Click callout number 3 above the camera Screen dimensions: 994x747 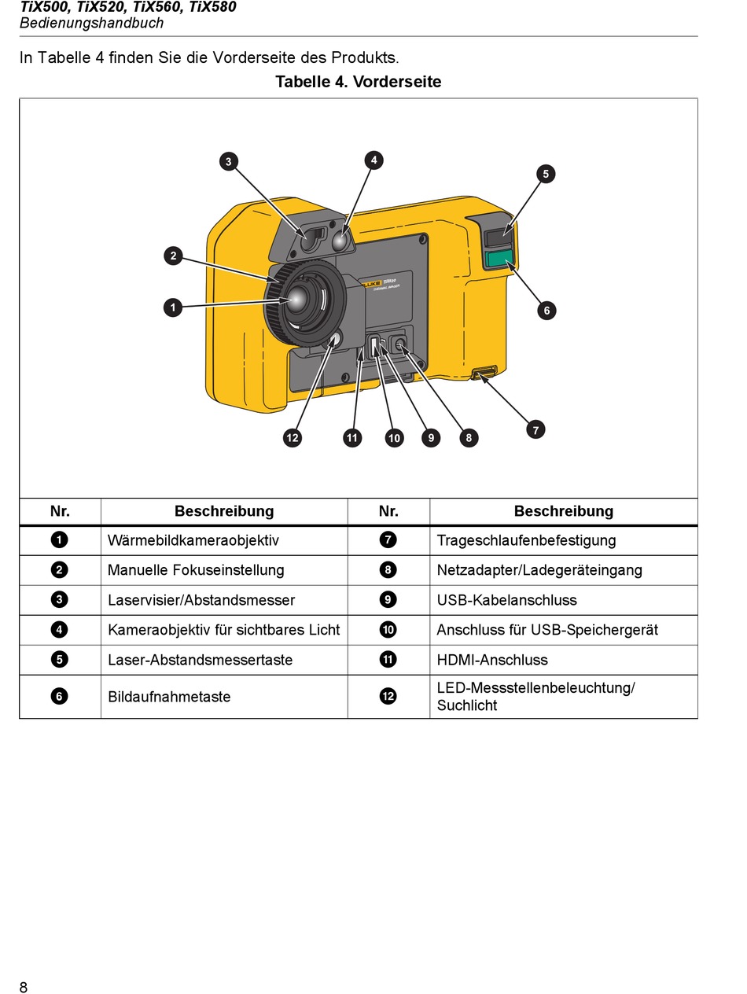click(228, 162)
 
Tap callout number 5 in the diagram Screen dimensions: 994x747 click(546, 174)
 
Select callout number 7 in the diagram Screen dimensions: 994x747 click(535, 429)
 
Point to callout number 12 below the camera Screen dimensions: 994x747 click(293, 438)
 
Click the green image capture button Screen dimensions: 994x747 click(499, 259)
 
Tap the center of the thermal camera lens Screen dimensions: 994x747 click(299, 298)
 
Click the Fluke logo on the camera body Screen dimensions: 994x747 click(372, 282)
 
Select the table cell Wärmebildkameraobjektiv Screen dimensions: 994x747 click(193, 540)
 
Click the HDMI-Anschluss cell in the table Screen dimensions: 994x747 click(492, 660)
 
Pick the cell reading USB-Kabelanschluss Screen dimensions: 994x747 click(506, 600)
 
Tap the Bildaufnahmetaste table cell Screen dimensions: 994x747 click(169, 697)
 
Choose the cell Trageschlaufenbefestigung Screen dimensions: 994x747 click(526, 540)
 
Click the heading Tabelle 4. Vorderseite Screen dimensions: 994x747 click(358, 82)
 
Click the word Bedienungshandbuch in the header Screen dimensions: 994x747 click(91, 23)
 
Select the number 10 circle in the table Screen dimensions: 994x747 click(388, 630)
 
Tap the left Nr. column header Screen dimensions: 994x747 click(60, 511)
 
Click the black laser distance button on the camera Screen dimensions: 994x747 click(499, 236)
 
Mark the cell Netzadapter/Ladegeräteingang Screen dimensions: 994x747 click(539, 570)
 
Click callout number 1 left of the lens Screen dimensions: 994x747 click(173, 307)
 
